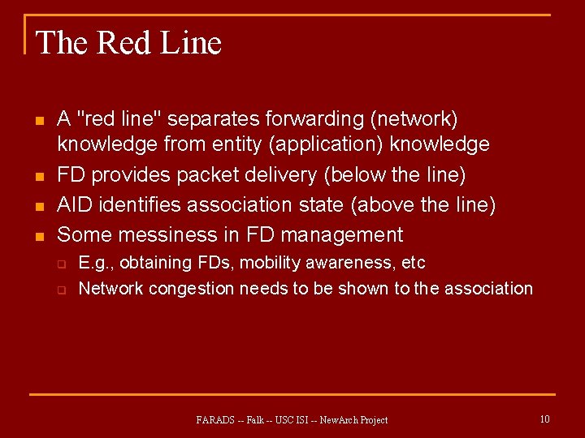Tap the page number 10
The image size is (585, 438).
(x=544, y=419)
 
